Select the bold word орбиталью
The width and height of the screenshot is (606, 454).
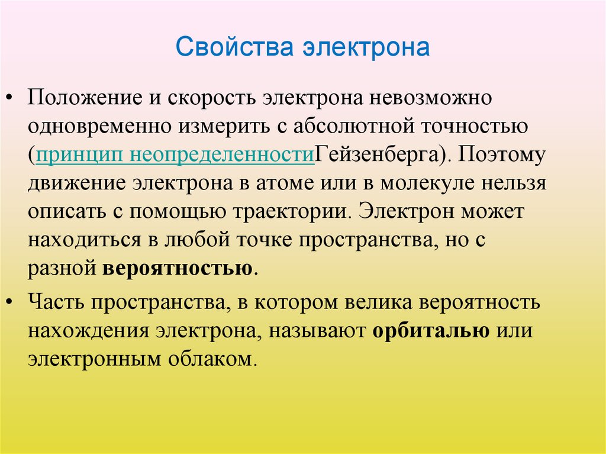(x=431, y=330)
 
